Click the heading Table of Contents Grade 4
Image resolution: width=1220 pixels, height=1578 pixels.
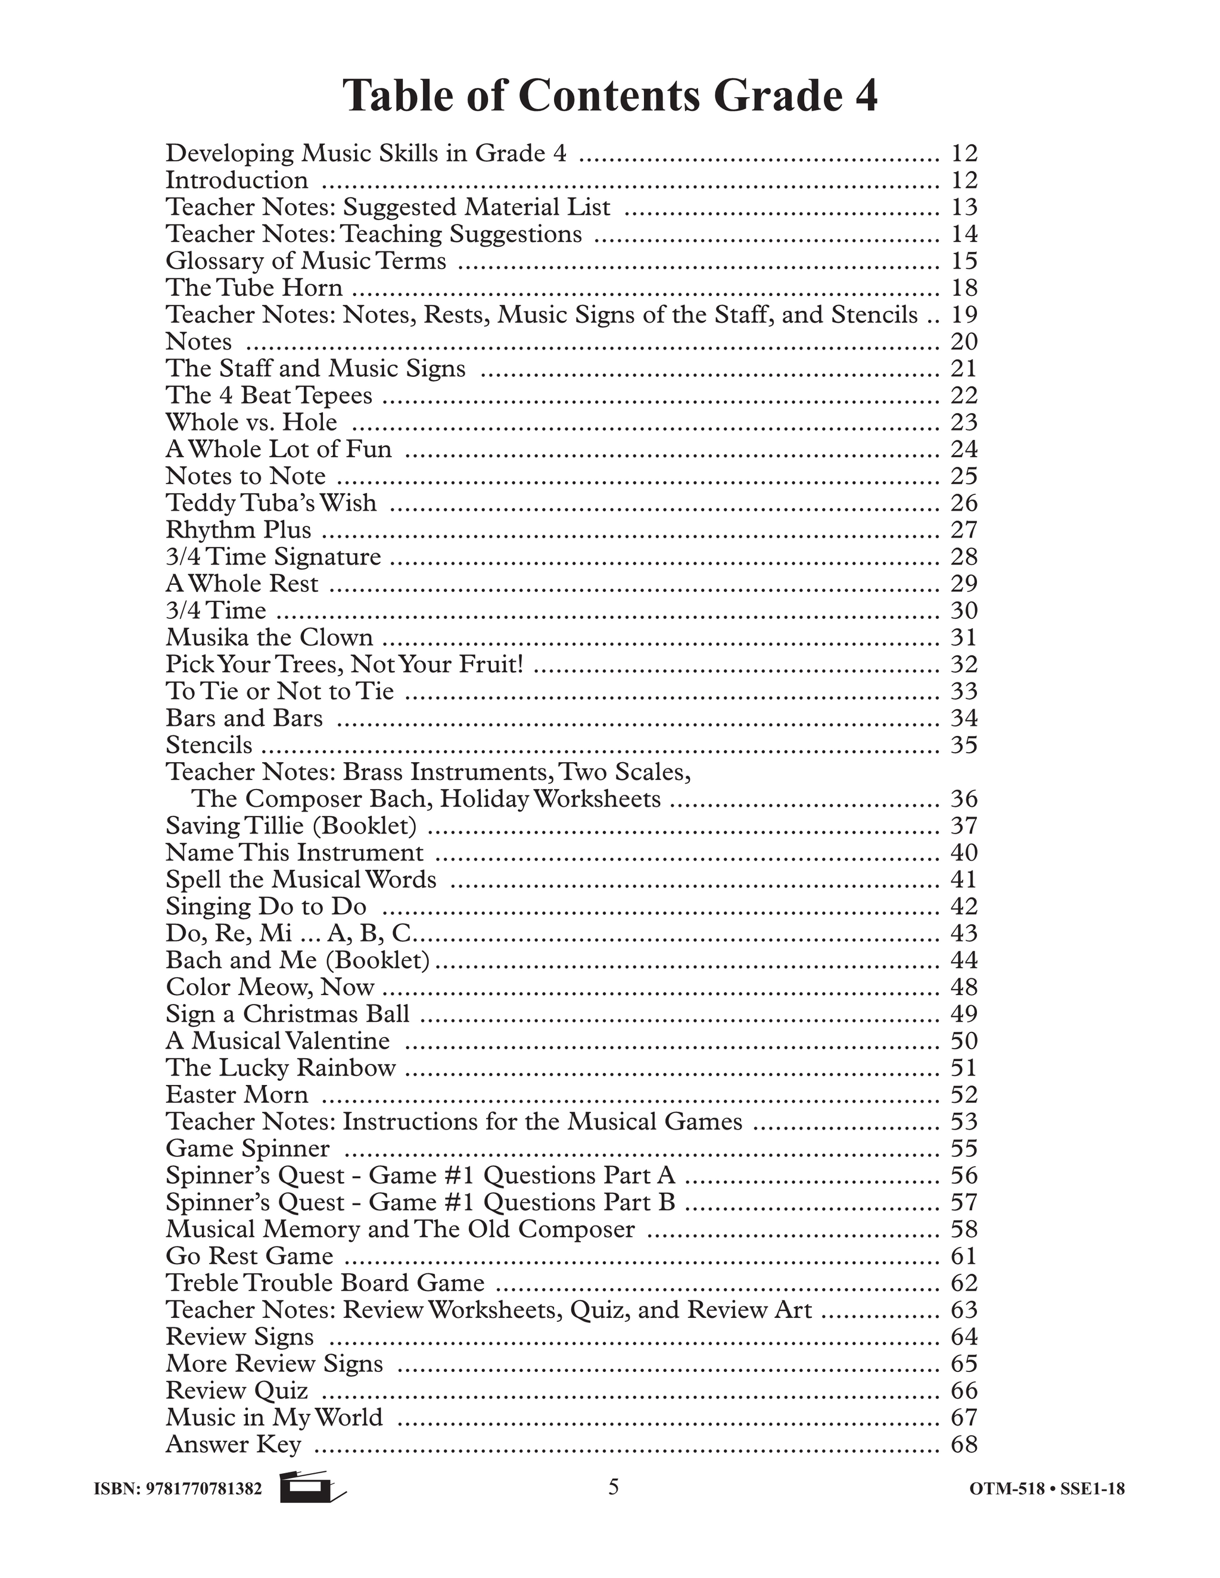tap(610, 96)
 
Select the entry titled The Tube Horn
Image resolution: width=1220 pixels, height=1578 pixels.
tap(254, 288)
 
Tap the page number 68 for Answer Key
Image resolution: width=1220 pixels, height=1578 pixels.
tap(963, 1445)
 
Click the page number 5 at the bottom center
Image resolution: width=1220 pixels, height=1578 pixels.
tap(613, 1486)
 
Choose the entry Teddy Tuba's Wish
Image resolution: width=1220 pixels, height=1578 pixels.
tap(271, 503)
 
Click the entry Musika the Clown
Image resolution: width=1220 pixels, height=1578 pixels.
tap(270, 637)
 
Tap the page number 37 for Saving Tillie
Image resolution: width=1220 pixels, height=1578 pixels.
tap(963, 825)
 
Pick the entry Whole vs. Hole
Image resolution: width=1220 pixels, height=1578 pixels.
tap(251, 422)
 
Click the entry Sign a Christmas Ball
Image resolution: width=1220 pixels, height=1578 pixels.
tap(287, 1013)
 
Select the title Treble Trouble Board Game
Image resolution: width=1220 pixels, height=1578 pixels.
tap(325, 1283)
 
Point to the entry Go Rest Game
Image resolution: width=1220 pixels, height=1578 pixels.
tap(250, 1256)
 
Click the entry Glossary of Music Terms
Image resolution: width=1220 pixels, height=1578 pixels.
tap(306, 261)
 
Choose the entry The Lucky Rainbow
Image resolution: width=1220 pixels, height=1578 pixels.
tap(281, 1067)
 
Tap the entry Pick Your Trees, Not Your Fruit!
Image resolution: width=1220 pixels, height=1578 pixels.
tap(344, 664)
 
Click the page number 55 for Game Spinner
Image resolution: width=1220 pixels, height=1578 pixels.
tap(963, 1148)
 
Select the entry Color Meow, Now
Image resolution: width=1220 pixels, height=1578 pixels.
tap(270, 987)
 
